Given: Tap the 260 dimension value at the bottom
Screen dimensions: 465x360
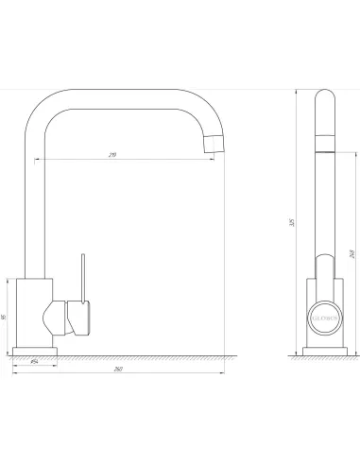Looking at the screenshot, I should (117, 368).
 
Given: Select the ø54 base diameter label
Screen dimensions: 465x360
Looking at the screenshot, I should (34, 360).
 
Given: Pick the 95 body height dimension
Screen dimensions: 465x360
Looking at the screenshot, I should (5, 317).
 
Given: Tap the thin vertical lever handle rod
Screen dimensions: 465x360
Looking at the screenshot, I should (81, 273).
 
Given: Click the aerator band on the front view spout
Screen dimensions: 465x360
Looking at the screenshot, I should (322, 143).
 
